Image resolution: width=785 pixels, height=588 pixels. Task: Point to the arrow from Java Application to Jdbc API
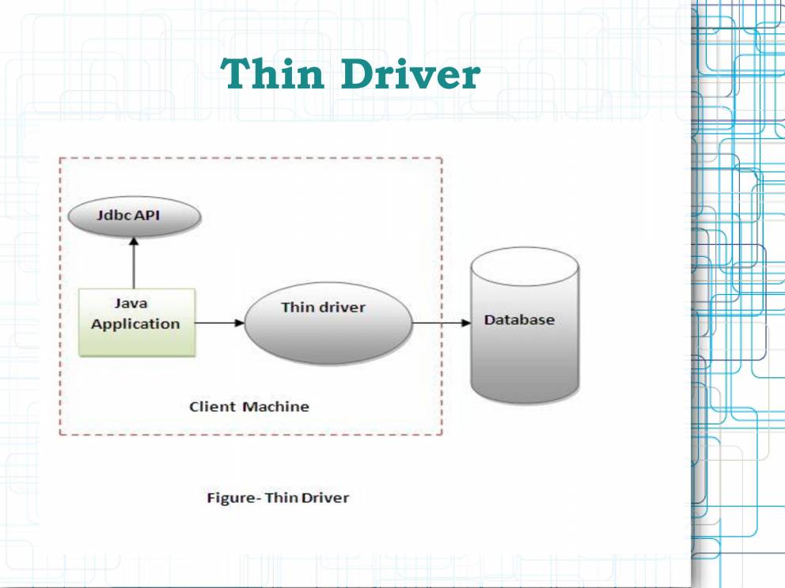[134, 266]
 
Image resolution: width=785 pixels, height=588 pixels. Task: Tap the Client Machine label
[249, 407]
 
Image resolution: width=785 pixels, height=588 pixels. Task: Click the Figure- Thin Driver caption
[278, 498]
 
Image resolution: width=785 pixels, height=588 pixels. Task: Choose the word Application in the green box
[135, 324]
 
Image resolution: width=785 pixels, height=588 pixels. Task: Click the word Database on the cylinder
[519, 320]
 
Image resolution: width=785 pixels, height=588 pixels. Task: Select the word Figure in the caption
[229, 498]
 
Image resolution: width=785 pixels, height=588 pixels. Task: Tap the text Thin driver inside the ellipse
[323, 307]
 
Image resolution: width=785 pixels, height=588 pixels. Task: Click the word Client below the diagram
[212, 407]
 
